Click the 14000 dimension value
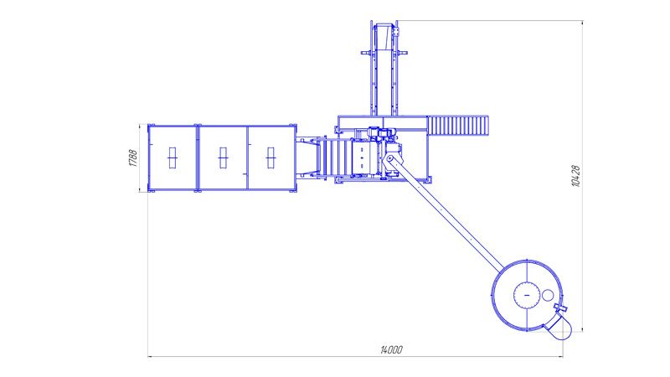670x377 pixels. (x=391, y=349)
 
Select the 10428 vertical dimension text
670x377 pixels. (x=575, y=176)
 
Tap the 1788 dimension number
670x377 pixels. (x=133, y=158)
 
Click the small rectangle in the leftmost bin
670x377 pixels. (x=173, y=158)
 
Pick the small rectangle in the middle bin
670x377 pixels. (x=223, y=158)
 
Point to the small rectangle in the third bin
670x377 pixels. (x=271, y=158)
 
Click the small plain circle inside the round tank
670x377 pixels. (x=548, y=295)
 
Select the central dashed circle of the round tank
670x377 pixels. (x=527, y=296)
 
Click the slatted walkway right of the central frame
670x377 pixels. (x=458, y=126)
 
